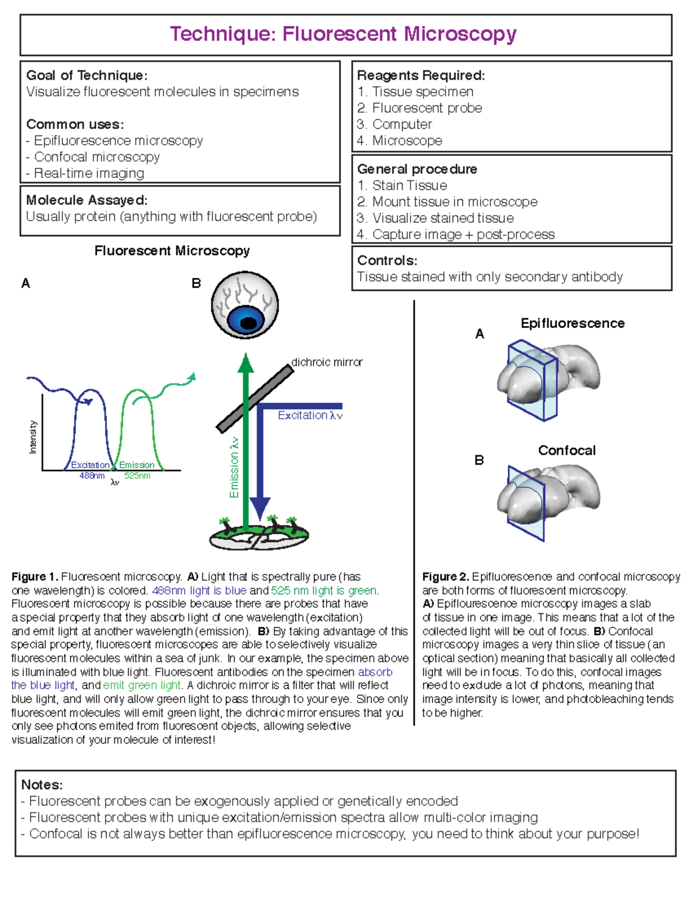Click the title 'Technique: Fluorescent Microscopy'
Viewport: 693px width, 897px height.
pyautogui.click(x=343, y=34)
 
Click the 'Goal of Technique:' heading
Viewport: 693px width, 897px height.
pyautogui.click(x=87, y=76)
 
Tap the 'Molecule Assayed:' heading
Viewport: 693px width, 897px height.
pyautogui.click(x=87, y=200)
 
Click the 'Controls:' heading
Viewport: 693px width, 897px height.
pyautogui.click(x=387, y=260)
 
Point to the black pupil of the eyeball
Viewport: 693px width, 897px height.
pyautogui.click(x=248, y=323)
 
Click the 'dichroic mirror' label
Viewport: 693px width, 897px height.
pyautogui.click(x=327, y=362)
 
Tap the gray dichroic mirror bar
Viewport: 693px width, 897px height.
pyautogui.click(x=255, y=398)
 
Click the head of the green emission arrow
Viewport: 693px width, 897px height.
pyautogui.click(x=246, y=363)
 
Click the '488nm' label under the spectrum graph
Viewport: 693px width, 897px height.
pyautogui.click(x=92, y=476)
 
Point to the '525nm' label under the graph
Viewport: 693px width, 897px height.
pyautogui.click(x=137, y=476)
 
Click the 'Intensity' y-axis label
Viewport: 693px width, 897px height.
pyautogui.click(x=33, y=437)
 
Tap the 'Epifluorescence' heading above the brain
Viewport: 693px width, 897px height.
pyautogui.click(x=572, y=323)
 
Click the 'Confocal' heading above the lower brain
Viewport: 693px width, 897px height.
pyautogui.click(x=567, y=451)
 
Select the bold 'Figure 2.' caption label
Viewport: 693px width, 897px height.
pyautogui.click(x=445, y=577)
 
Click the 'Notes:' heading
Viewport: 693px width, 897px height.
pyautogui.click(x=42, y=785)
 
